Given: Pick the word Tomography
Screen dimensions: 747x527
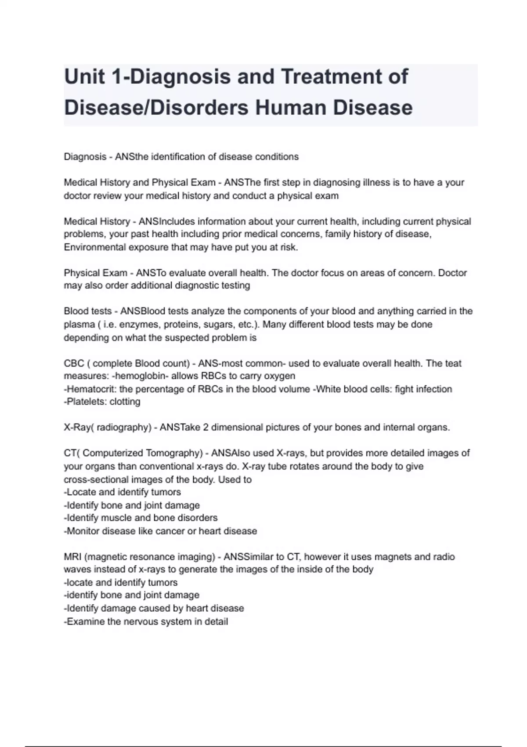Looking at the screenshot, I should tap(172, 453).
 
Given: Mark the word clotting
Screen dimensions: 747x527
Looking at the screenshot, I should tap(125, 402).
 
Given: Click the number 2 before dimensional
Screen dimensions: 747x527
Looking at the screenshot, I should tap(206, 428).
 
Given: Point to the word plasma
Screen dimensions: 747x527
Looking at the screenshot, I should tap(79, 325).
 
